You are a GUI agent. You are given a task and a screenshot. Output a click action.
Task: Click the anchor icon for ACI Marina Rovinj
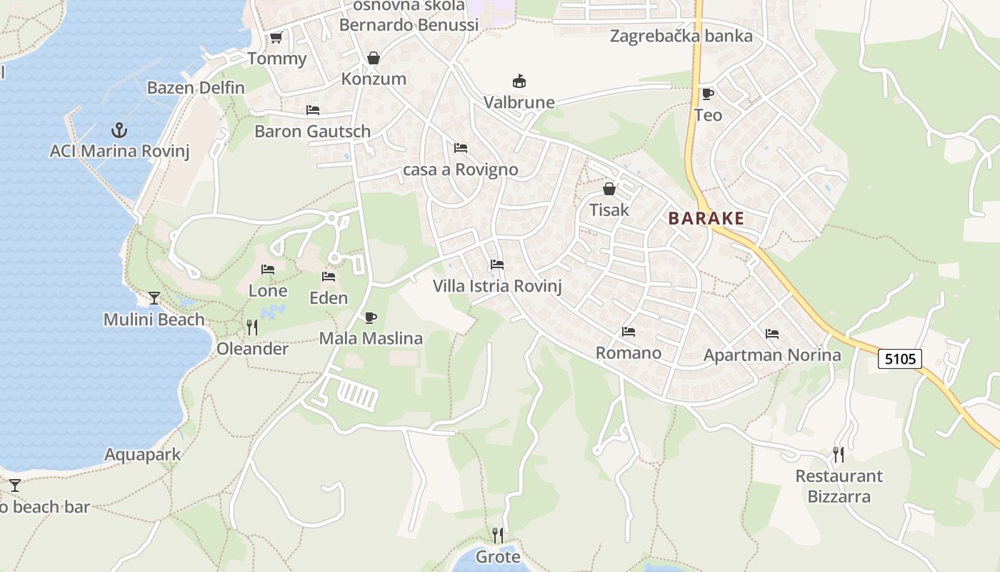coord(119,130)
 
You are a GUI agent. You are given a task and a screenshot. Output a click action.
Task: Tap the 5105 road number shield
coord(900,358)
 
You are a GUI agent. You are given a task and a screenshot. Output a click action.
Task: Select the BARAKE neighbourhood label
coord(706,219)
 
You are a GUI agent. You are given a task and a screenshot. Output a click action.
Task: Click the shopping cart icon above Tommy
coord(276,38)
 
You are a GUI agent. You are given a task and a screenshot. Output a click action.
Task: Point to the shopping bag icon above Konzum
coord(373,58)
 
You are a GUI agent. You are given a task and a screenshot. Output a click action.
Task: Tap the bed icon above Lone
coord(268,270)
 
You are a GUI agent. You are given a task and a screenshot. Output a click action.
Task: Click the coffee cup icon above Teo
coord(707,94)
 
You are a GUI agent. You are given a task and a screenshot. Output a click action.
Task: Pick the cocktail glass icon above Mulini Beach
coord(154,297)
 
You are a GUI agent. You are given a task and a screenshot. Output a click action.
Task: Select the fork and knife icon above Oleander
coord(251,327)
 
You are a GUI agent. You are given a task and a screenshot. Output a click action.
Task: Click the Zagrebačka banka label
coord(681,36)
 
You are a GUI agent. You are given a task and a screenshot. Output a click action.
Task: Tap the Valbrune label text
coord(519,102)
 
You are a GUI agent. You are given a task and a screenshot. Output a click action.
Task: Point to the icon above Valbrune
coord(519,82)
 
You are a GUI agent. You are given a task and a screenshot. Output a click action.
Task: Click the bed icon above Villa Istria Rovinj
coord(497,265)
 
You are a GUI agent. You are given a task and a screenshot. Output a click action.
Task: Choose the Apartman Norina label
coord(772,355)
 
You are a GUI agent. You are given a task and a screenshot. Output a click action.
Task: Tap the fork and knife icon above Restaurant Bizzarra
coord(839,454)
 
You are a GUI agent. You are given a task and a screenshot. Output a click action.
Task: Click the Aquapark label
coord(143,455)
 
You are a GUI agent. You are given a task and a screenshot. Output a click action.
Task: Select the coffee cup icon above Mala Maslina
coord(370,317)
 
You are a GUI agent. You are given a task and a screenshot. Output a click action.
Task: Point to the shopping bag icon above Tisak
coord(609,189)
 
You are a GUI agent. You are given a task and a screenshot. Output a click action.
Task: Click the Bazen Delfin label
coord(196,88)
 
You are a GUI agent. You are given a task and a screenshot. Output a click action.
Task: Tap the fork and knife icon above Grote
coord(498,535)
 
